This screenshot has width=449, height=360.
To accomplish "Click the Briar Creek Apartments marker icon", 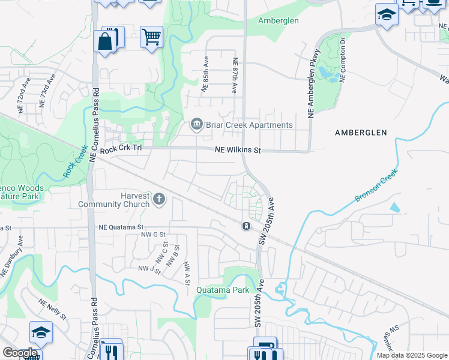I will click(196, 125).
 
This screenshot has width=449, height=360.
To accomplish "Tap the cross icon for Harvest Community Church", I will click(159, 199).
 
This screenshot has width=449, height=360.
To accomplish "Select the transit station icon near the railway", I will click(246, 226).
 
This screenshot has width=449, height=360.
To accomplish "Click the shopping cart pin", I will click(151, 37).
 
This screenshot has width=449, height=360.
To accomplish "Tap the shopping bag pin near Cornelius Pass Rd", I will click(104, 42).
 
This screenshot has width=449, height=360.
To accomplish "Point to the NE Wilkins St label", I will click(238, 151).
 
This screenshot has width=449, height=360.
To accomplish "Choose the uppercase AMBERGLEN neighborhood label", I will click(361, 132).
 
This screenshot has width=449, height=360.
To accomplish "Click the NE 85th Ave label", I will click(205, 75).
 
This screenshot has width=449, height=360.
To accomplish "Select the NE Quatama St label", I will click(121, 227).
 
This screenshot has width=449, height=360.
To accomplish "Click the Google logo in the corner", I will click(19, 353).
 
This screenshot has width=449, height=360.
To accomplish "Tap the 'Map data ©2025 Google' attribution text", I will click(412, 355).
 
